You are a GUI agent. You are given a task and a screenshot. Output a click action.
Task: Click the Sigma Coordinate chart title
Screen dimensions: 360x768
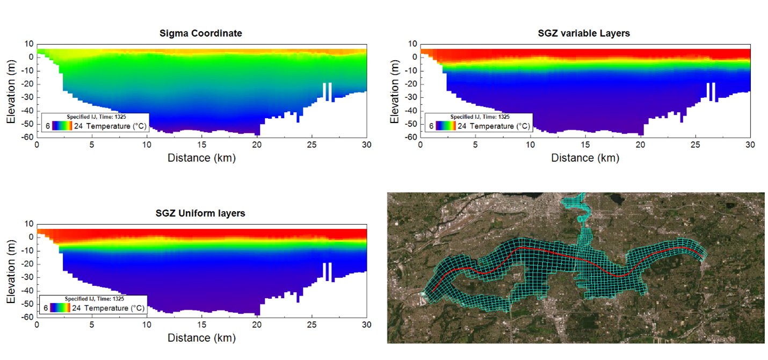point(201,33)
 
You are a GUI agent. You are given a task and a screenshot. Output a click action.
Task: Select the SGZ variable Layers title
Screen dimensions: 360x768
point(584,33)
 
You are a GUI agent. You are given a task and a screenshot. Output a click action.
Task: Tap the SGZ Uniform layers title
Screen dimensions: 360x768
point(201,213)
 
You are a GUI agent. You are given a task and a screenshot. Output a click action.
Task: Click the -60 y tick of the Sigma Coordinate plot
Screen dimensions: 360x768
point(28,137)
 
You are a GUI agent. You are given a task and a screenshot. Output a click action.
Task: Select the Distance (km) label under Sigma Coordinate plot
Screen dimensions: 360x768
point(201,157)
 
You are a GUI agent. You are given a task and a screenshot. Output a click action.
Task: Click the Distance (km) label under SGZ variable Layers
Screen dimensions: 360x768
point(585,157)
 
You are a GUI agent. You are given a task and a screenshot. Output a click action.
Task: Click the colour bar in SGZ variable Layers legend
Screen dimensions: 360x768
point(446,126)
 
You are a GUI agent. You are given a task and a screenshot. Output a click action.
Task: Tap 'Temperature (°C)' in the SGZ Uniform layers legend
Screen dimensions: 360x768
point(114,308)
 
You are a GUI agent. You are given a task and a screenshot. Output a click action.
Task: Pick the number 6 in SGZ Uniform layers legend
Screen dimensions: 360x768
point(47,308)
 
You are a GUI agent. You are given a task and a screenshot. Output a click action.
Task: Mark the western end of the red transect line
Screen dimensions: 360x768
point(432,291)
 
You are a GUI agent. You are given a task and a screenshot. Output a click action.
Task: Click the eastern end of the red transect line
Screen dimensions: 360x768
point(699,254)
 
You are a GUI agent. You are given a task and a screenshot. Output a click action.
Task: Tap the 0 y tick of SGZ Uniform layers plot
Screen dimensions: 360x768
point(31,237)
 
